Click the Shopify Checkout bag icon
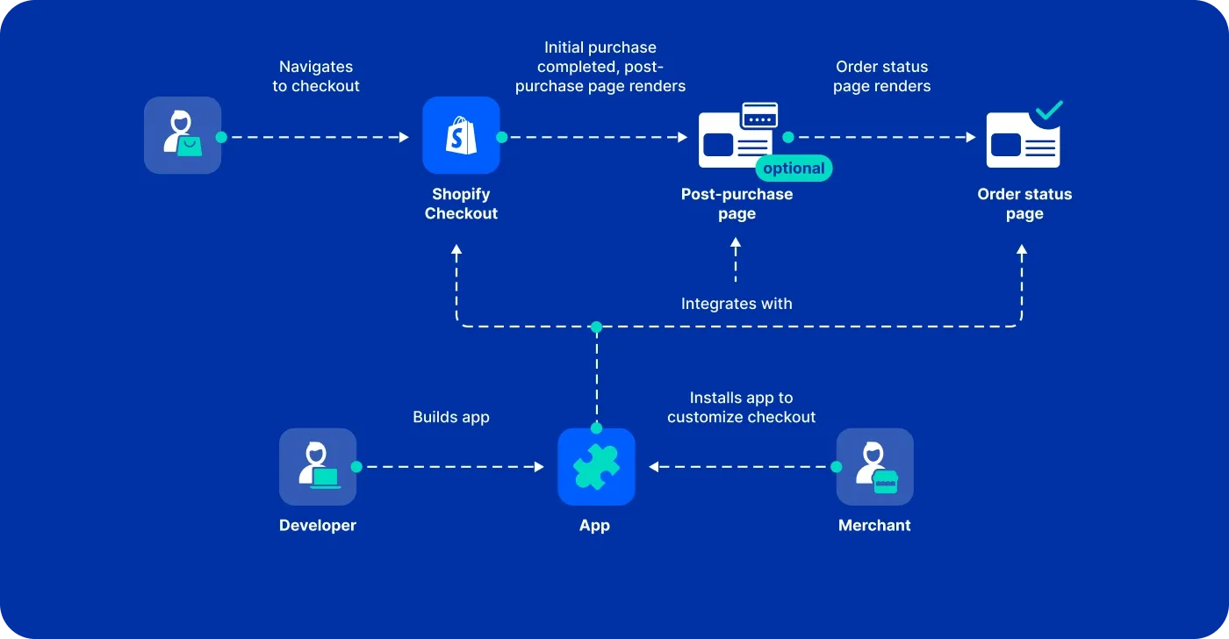coord(461,135)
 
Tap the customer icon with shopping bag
coord(183,135)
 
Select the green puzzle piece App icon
coord(596,467)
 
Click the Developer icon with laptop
coord(317,467)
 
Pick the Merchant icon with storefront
coord(874,467)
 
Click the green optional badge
coord(794,169)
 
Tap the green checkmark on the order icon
coord(1048,111)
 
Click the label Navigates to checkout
coord(316,76)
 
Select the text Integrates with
coord(737,304)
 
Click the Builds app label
coord(451,417)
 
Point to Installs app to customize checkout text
coord(742,407)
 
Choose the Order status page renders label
coord(881,76)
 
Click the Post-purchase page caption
coord(737,204)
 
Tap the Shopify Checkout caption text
coord(461,204)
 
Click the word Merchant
coord(874,526)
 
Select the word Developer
coord(317,526)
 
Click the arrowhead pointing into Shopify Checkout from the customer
coord(405,137)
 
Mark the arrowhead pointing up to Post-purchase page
coord(737,250)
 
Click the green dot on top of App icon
coord(596,428)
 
